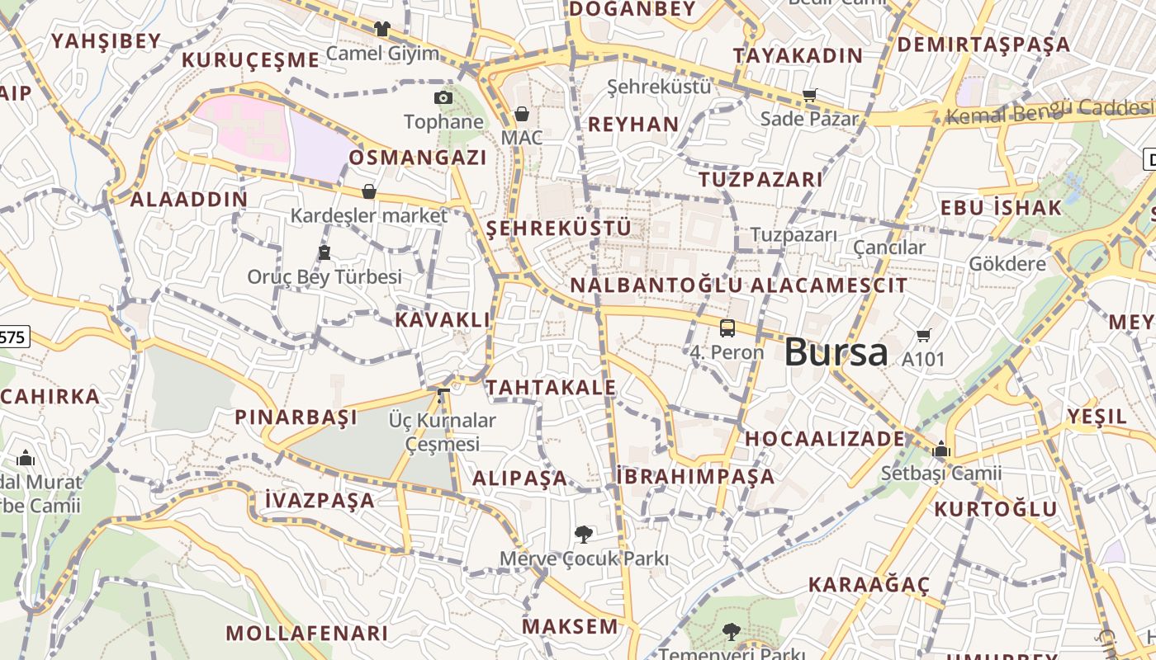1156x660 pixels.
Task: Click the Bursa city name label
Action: click(836, 352)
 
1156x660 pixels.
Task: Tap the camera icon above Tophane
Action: click(443, 98)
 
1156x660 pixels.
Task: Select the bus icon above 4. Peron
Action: click(727, 328)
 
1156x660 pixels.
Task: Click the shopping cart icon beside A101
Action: click(924, 335)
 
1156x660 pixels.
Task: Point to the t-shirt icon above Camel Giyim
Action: click(381, 29)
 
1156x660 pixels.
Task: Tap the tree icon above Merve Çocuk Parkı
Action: click(583, 535)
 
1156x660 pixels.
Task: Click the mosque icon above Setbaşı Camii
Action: click(941, 450)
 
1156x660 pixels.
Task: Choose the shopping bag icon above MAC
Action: click(522, 114)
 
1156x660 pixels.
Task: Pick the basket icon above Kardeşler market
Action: click(369, 191)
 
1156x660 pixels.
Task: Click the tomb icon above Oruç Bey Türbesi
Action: click(325, 252)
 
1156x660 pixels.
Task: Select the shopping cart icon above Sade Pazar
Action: click(810, 95)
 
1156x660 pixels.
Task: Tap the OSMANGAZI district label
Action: click(417, 157)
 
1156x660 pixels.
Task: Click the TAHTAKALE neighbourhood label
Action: click(551, 387)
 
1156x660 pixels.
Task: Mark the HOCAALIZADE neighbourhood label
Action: click(825, 438)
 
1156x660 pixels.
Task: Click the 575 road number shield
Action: click(14, 336)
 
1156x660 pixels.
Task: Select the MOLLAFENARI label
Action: click(306, 633)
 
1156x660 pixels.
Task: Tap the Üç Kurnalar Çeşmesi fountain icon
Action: click(443, 396)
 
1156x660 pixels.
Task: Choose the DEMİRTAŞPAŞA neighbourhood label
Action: click(983, 44)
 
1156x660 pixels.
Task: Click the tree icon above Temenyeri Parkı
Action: click(731, 632)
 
